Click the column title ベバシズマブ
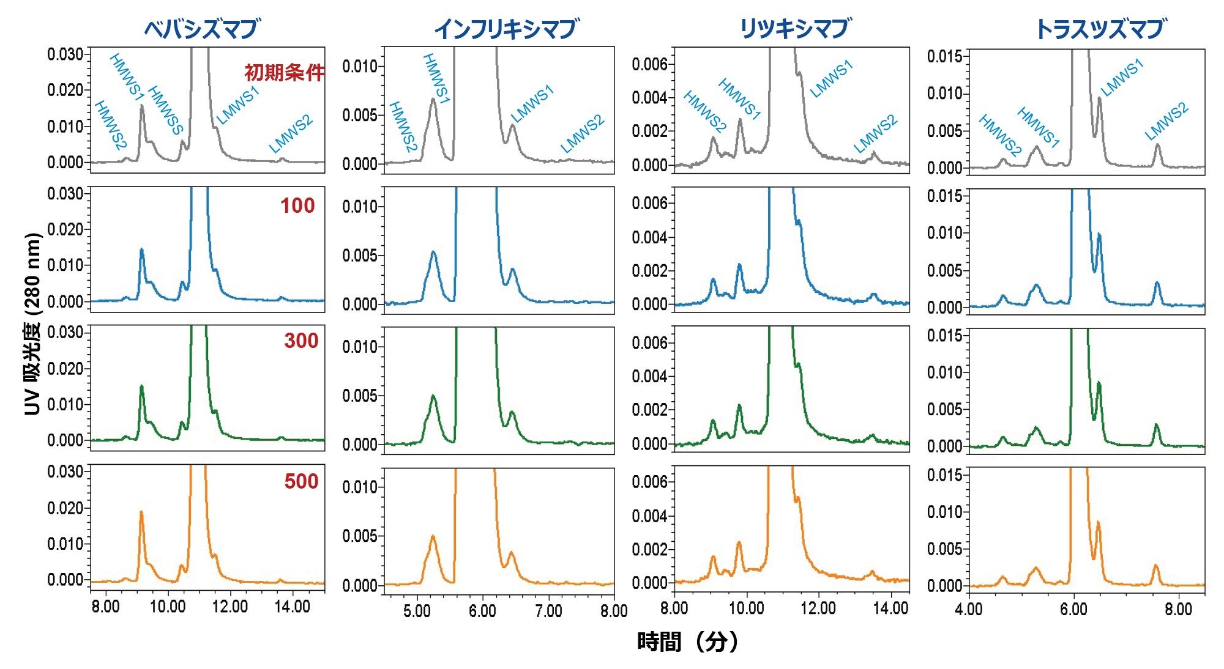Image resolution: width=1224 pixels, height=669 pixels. tap(201, 29)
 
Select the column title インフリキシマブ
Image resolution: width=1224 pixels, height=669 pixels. tap(506, 29)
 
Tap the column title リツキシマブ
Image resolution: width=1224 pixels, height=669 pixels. tap(794, 28)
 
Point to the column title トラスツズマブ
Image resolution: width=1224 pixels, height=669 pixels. tap(1099, 29)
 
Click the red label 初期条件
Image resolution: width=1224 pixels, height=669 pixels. tap(284, 73)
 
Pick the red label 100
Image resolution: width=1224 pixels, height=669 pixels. tap(297, 205)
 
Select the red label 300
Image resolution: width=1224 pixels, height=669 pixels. tap(301, 341)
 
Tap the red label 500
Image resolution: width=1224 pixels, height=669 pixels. tap(301, 481)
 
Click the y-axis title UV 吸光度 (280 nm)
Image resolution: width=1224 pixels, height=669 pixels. tap(33, 324)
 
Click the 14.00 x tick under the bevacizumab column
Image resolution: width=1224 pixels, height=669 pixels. tap(292, 607)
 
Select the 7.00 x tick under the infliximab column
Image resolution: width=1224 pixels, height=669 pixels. tap(548, 611)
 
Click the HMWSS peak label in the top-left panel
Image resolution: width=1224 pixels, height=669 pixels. tap(166, 110)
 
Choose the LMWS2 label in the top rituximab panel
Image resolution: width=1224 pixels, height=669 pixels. tap(876, 135)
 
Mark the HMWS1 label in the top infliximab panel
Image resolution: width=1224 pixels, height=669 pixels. tap(436, 79)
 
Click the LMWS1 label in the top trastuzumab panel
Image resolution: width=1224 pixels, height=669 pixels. tap(1122, 78)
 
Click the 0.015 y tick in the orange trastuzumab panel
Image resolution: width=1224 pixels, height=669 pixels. tap(945, 475)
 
